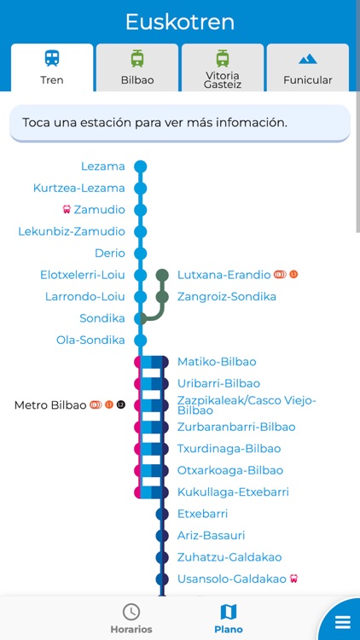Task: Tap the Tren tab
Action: coord(52,68)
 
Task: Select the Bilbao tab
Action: coord(137,68)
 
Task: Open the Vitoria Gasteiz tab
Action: coord(223,68)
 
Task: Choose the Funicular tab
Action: coord(308,68)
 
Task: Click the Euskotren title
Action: coord(180,21)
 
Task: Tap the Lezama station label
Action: coord(103,166)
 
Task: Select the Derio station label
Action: coord(110,253)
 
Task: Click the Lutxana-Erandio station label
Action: coord(224,275)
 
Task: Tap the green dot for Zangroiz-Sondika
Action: coord(162,297)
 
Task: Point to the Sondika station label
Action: coord(102,318)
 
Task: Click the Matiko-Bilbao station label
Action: coord(217,362)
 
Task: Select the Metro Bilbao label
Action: coord(50,405)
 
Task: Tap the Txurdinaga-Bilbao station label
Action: coord(229,449)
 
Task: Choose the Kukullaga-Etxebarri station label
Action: coord(233,492)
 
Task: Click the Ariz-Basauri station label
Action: coord(211,536)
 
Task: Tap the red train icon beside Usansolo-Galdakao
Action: coord(294,579)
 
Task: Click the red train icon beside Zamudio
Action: coord(67,210)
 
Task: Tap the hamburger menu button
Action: coord(342,621)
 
